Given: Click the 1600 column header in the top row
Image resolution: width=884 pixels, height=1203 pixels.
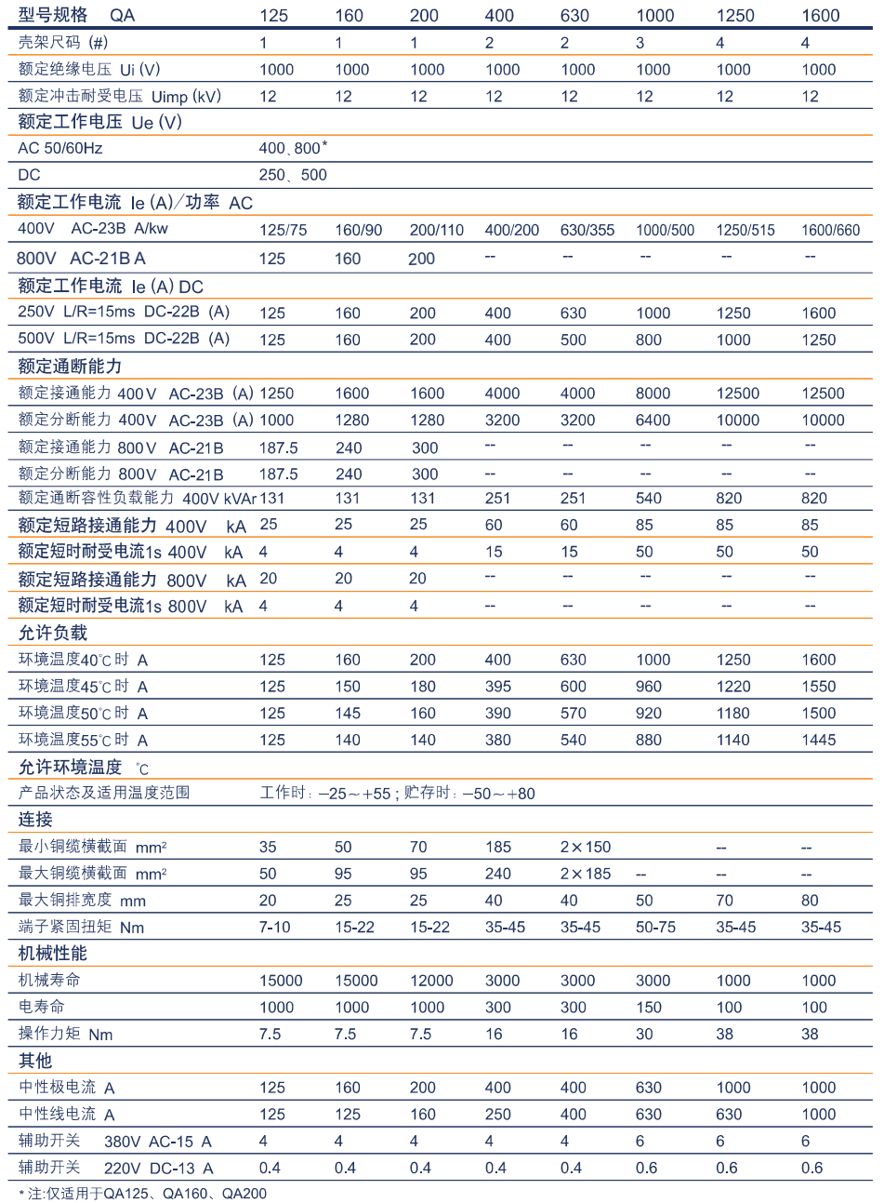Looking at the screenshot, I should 820,15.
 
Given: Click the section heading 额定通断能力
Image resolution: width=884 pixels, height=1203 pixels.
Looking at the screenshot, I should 70,366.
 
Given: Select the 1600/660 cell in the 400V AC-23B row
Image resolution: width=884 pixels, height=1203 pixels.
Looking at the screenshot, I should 830,230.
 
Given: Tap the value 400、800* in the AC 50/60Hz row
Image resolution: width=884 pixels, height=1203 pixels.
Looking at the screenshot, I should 293,148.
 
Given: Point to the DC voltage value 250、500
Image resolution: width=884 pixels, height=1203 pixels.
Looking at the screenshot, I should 293,175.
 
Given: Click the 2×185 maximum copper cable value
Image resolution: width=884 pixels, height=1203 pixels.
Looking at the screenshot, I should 586,874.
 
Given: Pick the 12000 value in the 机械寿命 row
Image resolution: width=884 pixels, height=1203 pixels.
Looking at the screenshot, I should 431,981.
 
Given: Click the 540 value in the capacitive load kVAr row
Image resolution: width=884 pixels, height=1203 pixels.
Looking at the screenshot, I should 649,499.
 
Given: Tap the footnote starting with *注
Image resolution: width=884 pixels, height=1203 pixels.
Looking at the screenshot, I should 142,1193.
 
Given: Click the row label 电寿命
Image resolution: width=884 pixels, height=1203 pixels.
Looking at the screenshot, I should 42,1007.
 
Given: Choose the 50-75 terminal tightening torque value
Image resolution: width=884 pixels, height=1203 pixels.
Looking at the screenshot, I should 655,928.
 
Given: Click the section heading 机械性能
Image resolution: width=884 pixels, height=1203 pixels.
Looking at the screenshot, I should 52,954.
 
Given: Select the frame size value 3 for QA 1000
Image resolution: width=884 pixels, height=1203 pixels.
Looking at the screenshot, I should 640,43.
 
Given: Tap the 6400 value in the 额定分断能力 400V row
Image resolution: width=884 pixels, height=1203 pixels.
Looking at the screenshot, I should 653,421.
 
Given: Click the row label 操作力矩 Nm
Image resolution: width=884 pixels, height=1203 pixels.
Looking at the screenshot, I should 65,1034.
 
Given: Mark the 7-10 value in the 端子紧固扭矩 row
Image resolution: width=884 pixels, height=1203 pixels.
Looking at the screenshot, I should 274,928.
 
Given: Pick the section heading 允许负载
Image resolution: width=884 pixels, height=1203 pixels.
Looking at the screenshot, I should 52,633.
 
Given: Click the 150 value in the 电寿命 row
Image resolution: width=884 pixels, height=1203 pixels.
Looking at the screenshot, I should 649,1008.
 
